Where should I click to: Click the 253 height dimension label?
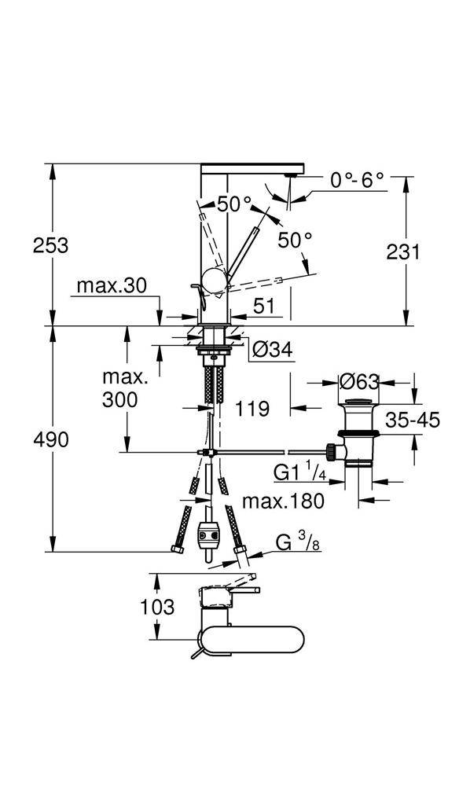click(x=50, y=245)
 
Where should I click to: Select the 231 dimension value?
click(x=403, y=252)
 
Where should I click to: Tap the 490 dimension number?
click(x=50, y=439)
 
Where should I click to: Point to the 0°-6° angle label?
click(x=357, y=180)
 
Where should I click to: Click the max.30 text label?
click(x=112, y=286)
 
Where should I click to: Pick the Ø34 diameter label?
click(x=272, y=350)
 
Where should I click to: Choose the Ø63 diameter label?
click(x=358, y=383)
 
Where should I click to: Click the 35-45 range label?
click(x=413, y=419)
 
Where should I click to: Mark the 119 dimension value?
click(x=252, y=409)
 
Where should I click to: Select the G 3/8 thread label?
click(x=298, y=542)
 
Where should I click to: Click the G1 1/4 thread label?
click(x=300, y=472)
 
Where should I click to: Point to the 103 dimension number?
click(x=157, y=607)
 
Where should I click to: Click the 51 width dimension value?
click(x=264, y=307)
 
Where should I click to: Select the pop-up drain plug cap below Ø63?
click(x=358, y=402)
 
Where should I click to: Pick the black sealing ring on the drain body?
click(x=358, y=432)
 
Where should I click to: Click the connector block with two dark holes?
click(x=209, y=538)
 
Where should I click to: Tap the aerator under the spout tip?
click(x=291, y=175)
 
